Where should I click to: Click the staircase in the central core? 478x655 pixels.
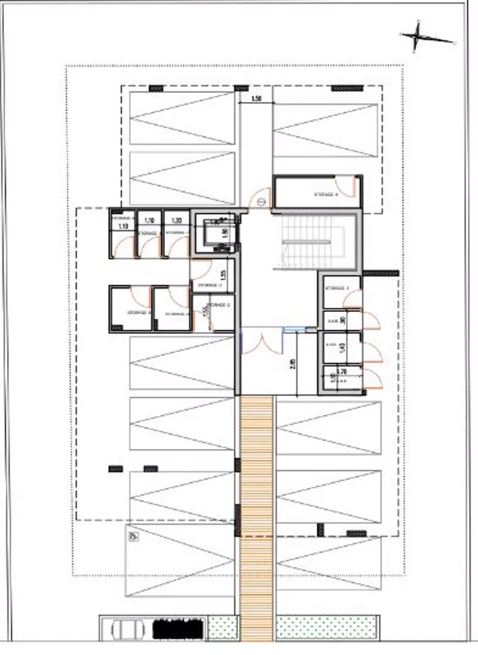point(307,242)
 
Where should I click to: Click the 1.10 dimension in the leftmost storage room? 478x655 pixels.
point(124,227)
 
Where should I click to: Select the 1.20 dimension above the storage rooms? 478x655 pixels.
point(176,220)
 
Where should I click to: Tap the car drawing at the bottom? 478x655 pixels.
point(125,629)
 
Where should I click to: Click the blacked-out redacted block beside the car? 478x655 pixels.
point(177,629)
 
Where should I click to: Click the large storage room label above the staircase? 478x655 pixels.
point(326,194)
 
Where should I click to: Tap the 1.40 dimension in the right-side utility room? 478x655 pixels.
point(342,348)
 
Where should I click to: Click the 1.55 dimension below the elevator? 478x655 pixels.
point(223,274)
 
